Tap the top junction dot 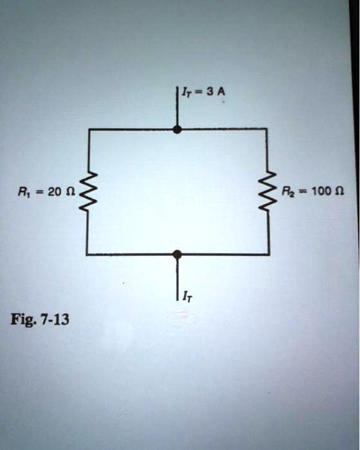(x=177, y=130)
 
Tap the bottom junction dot (x=177, y=255)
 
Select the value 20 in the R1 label (x=54, y=191)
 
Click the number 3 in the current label (x=210, y=91)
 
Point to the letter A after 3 (x=221, y=91)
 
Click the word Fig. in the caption (x=22, y=319)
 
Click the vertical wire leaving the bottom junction (x=178, y=279)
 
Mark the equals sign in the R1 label (x=39, y=192)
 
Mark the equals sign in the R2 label (x=302, y=191)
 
